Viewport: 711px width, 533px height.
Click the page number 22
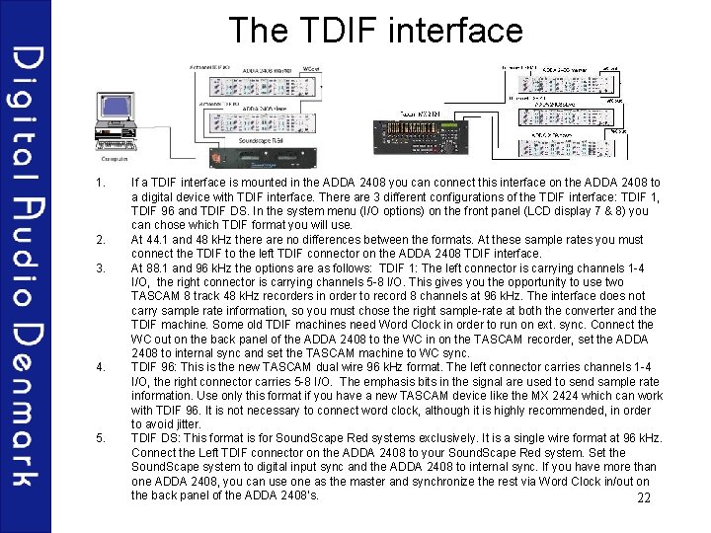[x=645, y=497]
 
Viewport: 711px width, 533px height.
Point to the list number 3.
[x=99, y=267]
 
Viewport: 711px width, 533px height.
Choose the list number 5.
[x=99, y=438]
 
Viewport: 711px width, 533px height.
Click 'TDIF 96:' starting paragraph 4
[x=154, y=367]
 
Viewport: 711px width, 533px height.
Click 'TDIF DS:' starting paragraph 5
[x=154, y=438]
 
